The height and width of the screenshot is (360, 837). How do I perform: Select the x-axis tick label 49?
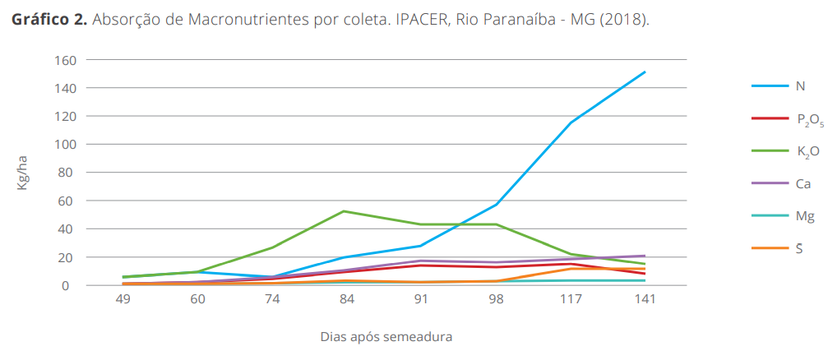point(123,300)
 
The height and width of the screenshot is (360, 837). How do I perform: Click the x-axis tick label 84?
point(346,300)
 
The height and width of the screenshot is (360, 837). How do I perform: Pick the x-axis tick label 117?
point(570,300)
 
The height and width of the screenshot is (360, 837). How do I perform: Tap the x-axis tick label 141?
point(645,300)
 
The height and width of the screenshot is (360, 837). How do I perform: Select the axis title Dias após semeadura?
point(386,336)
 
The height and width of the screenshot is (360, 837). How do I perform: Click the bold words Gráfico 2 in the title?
point(49,20)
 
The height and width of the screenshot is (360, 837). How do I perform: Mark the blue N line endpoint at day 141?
point(645,72)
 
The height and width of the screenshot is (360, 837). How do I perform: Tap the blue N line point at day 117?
point(570,123)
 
